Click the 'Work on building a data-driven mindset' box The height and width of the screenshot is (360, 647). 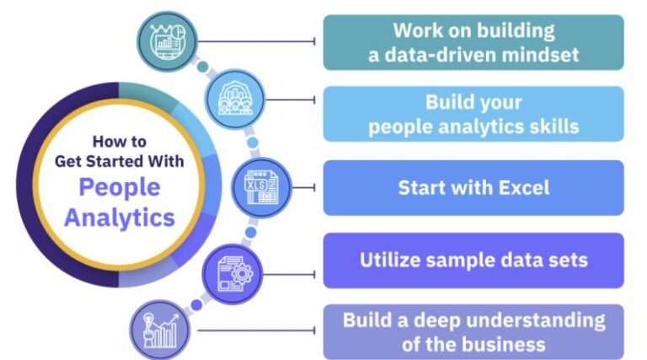click(x=473, y=42)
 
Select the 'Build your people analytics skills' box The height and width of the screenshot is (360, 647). click(x=473, y=114)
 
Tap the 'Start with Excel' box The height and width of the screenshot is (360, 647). click(x=473, y=187)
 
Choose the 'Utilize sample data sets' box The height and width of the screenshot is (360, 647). click(x=473, y=261)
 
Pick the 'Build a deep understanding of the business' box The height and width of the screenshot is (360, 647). click(x=473, y=332)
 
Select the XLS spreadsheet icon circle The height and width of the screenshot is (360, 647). click(x=260, y=187)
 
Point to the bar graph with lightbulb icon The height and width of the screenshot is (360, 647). click(x=160, y=330)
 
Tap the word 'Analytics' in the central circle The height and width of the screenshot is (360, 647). click(x=120, y=217)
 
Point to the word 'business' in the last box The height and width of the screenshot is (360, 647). click(x=506, y=344)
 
